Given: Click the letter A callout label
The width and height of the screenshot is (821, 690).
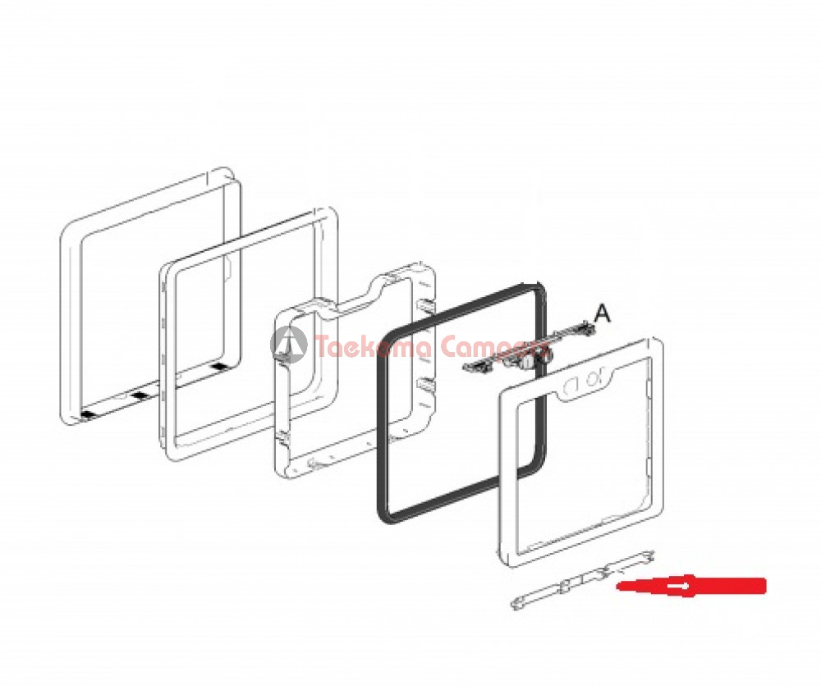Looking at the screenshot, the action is pos(603,313).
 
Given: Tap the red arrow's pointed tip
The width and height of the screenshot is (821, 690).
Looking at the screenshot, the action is pos(618,586).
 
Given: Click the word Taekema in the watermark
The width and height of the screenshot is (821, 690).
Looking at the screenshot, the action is pos(374,346).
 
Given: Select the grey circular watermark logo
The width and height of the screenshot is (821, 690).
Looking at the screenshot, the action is pos(288,345).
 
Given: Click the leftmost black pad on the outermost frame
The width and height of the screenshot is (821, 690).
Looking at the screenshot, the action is pos(88,415).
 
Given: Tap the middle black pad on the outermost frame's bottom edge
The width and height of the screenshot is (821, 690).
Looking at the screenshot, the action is pos(138,396).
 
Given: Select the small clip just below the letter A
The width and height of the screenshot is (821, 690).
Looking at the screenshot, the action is pos(586,328).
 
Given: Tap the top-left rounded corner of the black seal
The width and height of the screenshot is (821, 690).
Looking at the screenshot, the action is pos(388,335).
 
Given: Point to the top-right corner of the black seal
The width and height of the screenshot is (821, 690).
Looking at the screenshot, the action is pos(539,288).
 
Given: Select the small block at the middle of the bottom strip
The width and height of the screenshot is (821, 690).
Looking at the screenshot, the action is pos(566,586).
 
